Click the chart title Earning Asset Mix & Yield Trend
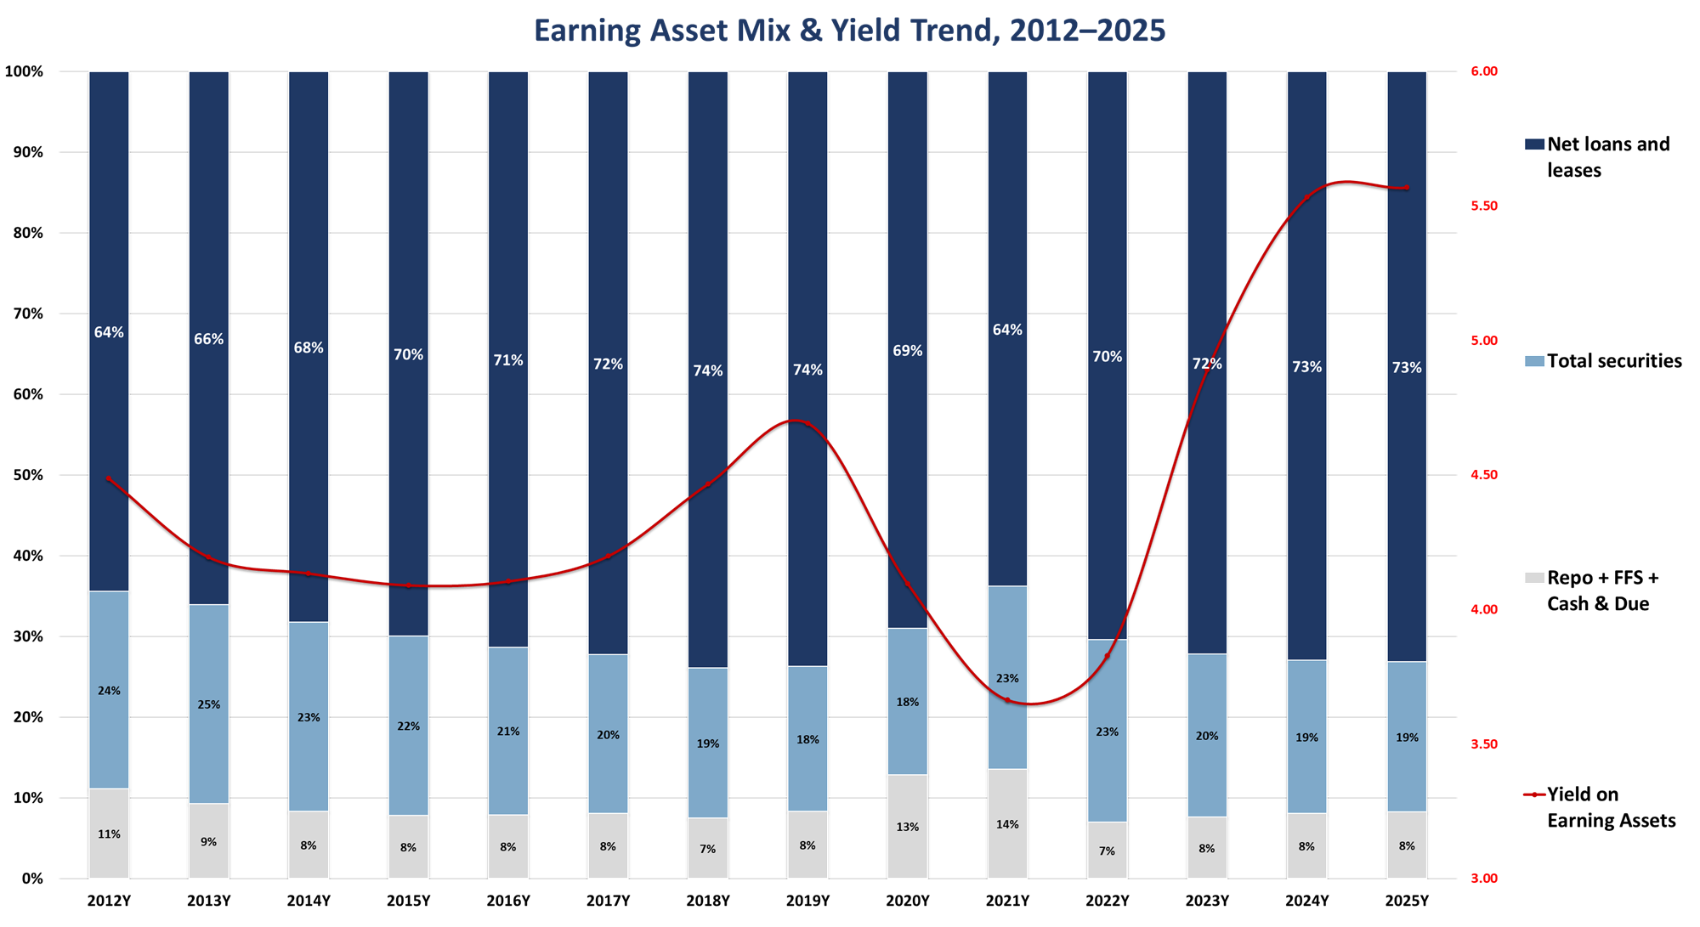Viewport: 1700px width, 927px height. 849,31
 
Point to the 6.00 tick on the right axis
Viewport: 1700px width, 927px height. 1483,71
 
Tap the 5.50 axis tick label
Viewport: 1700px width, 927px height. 1483,206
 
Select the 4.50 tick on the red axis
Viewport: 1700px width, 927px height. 1483,475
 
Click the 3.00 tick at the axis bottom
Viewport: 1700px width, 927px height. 1483,879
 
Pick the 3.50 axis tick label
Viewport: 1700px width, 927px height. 1483,744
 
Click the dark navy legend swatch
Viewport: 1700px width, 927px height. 1534,144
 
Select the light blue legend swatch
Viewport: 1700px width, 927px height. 1534,361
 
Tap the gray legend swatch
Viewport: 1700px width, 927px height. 1534,578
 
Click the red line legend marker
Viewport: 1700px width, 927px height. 1534,794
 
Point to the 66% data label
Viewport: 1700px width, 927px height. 208,339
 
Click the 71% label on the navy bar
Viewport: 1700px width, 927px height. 508,360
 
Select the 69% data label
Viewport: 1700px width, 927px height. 908,351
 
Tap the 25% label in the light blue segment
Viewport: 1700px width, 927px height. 208,704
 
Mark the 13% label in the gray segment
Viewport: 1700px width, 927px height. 908,827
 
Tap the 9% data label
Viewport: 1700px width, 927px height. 208,842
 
